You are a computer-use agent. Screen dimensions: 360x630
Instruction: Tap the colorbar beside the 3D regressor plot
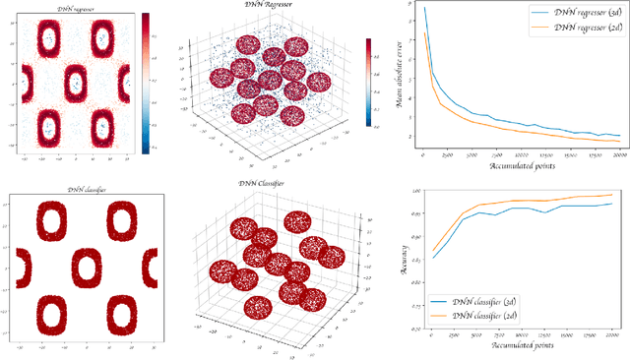pyautogui.click(x=369, y=83)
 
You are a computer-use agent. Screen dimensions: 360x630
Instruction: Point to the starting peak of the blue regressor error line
pyautogui.click(x=424, y=9)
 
